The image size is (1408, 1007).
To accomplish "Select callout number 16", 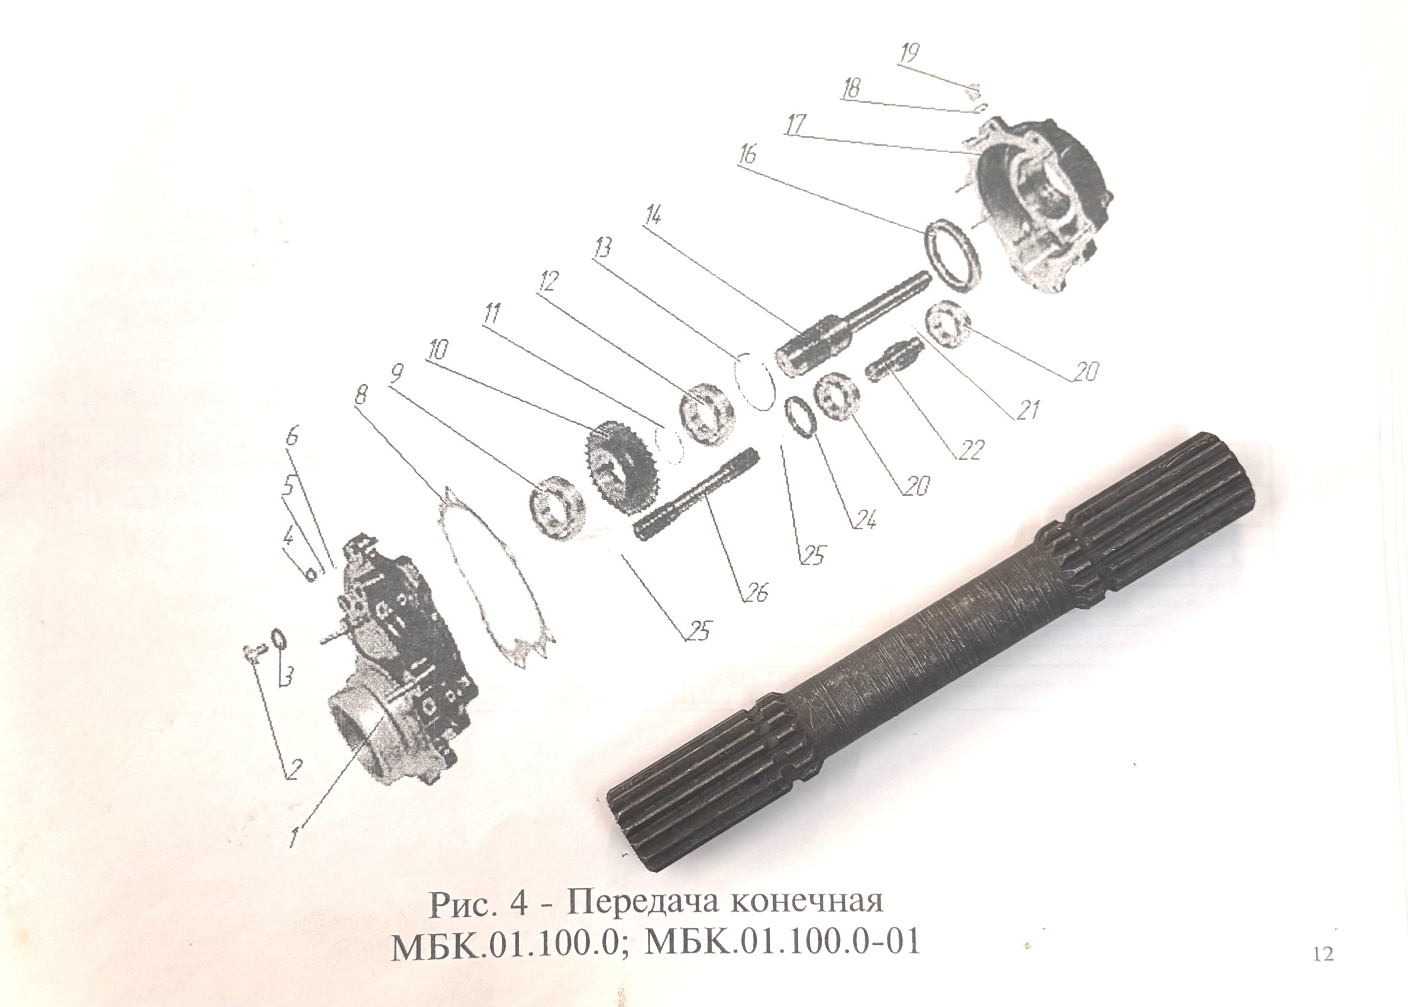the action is (748, 153).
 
